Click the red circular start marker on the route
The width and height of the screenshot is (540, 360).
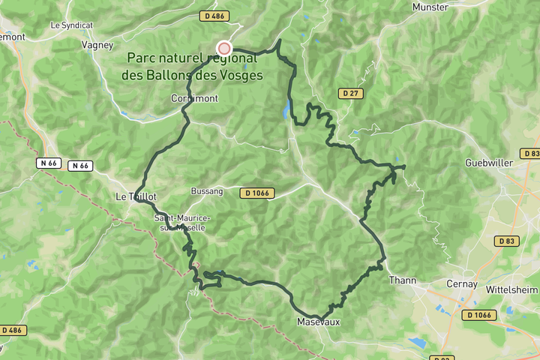click(x=223, y=48)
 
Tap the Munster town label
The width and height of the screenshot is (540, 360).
click(x=430, y=7)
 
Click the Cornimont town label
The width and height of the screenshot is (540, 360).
click(x=194, y=98)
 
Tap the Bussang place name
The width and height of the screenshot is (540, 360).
click(x=208, y=191)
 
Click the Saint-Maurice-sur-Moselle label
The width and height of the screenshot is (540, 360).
click(x=183, y=222)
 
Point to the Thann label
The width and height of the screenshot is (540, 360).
click(x=402, y=280)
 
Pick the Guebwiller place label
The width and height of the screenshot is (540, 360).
click(x=488, y=163)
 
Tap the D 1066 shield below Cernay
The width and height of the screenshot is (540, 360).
click(x=478, y=315)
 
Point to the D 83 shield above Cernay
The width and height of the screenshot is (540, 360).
click(x=507, y=241)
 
